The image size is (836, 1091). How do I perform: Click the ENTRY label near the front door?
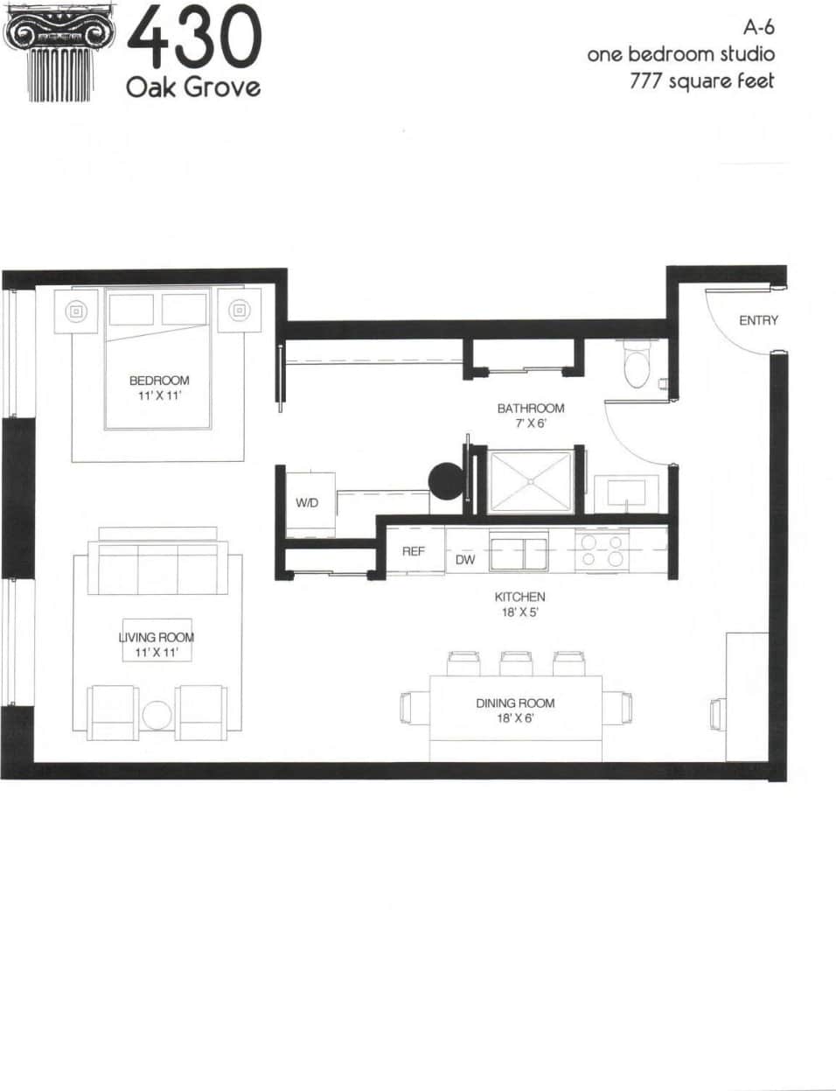(x=757, y=320)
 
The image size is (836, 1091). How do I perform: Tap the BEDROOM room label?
(x=159, y=381)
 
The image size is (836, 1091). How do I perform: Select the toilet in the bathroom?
(x=636, y=364)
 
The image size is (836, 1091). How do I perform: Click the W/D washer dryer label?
(x=307, y=503)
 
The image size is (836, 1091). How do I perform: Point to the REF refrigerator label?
(x=413, y=551)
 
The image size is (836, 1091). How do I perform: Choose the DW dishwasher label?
(x=465, y=559)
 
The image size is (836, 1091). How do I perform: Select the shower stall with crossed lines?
(x=528, y=481)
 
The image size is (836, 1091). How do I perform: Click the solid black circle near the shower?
(x=445, y=480)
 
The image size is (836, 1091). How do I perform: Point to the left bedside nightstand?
(x=76, y=310)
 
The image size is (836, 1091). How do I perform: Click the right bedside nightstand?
(x=239, y=310)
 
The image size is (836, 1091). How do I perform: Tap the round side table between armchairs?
(x=157, y=715)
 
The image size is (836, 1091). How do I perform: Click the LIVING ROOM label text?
(x=157, y=638)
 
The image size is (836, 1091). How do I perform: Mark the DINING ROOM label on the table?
(x=515, y=703)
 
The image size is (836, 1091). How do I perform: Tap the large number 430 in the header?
(x=194, y=39)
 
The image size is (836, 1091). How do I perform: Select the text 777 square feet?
(x=701, y=81)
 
